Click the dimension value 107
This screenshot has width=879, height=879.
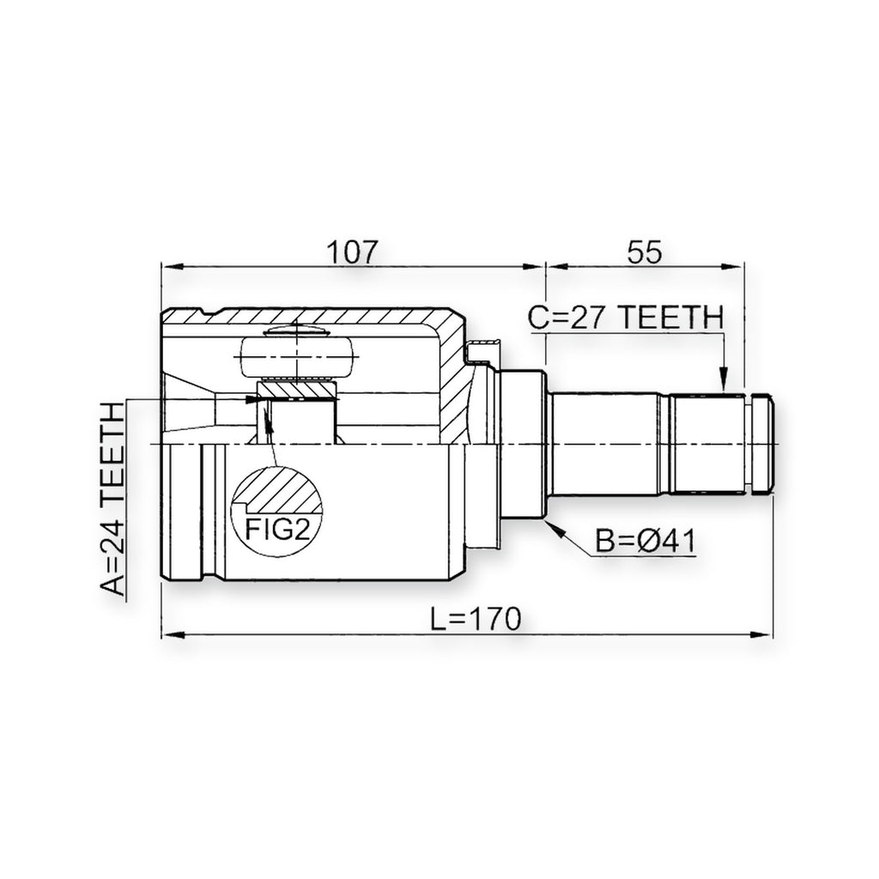click(353, 252)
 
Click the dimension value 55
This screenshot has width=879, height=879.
click(645, 252)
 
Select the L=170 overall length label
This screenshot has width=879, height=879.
click(476, 619)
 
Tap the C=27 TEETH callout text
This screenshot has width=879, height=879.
click(626, 318)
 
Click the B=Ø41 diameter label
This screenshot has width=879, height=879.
click(645, 542)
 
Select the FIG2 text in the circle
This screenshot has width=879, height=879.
click(278, 529)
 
